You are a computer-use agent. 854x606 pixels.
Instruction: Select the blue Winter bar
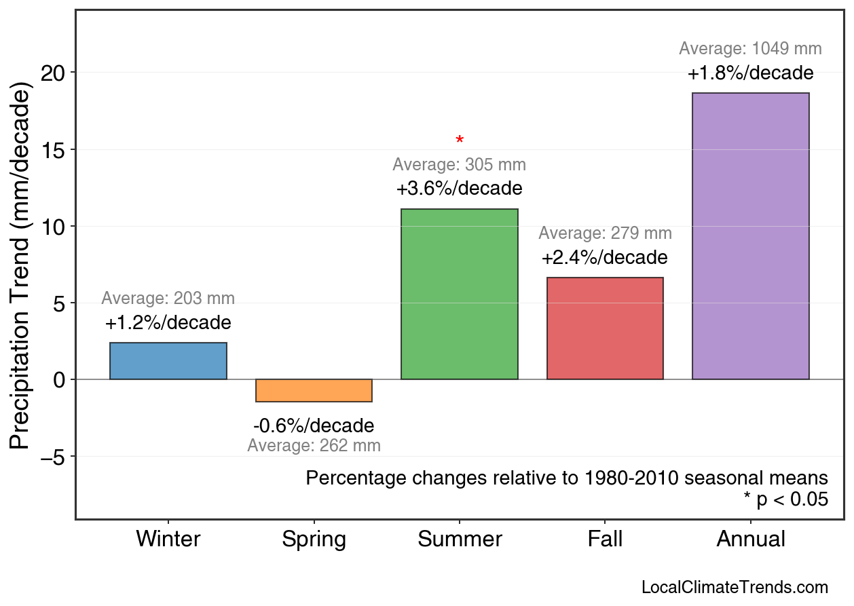click(x=168, y=361)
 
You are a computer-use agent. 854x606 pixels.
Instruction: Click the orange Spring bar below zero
click(x=314, y=390)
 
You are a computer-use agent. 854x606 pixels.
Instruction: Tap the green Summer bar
click(x=460, y=294)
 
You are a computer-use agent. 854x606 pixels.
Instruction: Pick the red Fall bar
click(x=605, y=328)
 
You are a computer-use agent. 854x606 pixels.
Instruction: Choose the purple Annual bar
click(x=750, y=236)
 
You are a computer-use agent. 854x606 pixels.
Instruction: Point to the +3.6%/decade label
click(x=460, y=188)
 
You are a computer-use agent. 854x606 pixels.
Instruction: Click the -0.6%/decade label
click(x=314, y=426)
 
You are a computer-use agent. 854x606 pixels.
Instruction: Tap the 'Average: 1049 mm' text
click(x=750, y=49)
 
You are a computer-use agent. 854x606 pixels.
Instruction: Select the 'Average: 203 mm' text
click(x=168, y=299)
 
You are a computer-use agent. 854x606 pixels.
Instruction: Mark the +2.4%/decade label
click(x=605, y=258)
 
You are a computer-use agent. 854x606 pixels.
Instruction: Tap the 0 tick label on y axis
click(x=60, y=379)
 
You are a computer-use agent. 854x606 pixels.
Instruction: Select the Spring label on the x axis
click(x=314, y=539)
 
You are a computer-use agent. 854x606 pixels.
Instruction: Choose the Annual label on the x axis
click(x=750, y=539)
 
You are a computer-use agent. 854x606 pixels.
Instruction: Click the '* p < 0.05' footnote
click(x=785, y=500)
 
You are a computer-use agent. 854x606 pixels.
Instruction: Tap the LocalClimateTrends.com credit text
click(x=735, y=587)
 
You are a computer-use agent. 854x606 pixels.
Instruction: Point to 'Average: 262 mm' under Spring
click(x=314, y=446)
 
